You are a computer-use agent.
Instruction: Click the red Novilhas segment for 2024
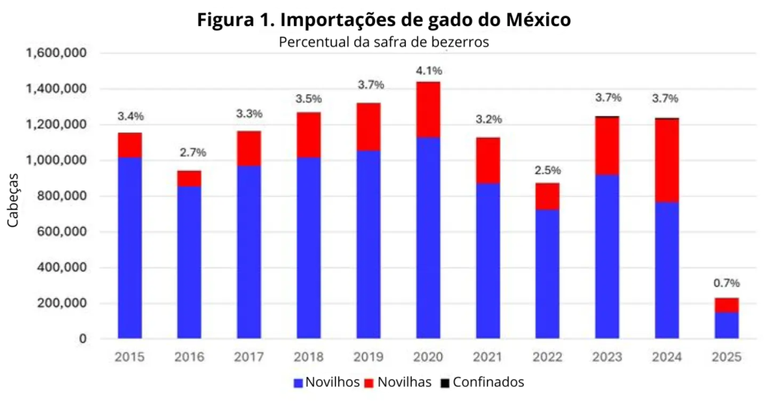(667, 160)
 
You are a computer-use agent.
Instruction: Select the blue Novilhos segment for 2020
(428, 238)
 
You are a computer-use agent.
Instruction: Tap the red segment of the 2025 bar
(726, 305)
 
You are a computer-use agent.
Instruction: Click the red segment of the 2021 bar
(487, 160)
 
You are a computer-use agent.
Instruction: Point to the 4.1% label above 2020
(428, 71)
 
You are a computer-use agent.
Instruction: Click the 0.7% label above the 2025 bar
(726, 283)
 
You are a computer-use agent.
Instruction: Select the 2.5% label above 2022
(547, 170)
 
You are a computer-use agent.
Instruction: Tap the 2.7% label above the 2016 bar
(193, 153)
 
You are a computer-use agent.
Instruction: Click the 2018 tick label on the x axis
(309, 358)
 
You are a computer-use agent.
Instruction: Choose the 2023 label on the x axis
(607, 358)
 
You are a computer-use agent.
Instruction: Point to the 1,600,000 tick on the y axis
(56, 53)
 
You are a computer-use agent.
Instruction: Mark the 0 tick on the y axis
(82, 340)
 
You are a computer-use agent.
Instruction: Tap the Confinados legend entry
(481, 382)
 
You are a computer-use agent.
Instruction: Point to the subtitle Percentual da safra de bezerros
(383, 42)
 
